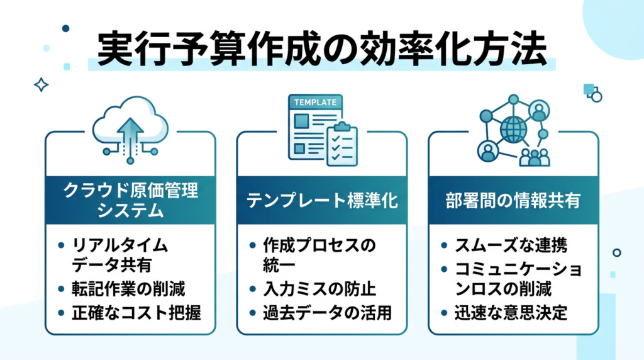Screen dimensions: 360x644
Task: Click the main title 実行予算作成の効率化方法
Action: tap(321, 49)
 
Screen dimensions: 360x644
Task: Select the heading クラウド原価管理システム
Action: tap(131, 201)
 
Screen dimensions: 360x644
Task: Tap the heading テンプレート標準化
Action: tap(321, 201)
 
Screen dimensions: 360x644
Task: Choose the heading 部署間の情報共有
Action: tap(513, 201)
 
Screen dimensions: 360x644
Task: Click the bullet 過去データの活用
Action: tap(327, 312)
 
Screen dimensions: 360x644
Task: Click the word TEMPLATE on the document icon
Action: tap(315, 103)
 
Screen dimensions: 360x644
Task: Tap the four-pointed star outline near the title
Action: tap(42, 85)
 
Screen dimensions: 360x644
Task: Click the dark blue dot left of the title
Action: tap(65, 28)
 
